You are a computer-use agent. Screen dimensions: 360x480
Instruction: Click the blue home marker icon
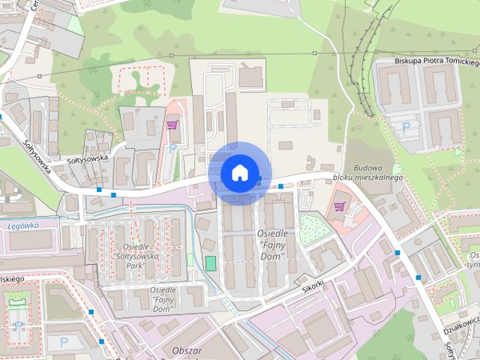(x=238, y=172)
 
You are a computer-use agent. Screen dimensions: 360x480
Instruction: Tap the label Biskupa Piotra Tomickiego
(x=436, y=61)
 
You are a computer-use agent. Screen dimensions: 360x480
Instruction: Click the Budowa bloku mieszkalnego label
(x=374, y=173)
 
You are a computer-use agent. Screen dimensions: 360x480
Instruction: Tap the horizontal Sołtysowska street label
(x=88, y=158)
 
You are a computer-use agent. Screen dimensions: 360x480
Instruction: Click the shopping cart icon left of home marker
(x=172, y=125)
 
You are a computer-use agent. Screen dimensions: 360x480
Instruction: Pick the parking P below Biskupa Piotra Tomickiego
(x=406, y=126)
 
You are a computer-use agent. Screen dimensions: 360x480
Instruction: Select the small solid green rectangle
(x=211, y=263)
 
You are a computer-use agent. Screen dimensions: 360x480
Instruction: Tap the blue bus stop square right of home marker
(x=280, y=185)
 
